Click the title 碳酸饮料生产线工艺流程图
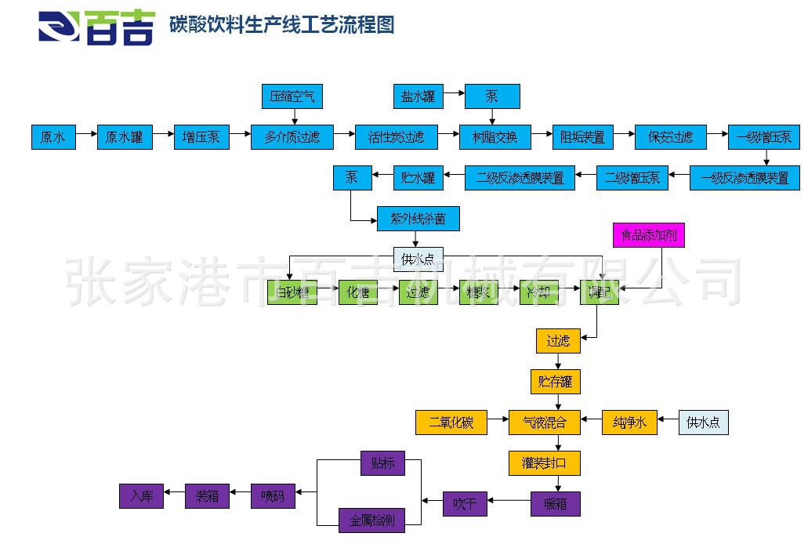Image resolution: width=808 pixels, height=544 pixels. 281,25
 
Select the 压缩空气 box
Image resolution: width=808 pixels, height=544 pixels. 292,96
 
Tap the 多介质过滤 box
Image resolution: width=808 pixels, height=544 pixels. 292,137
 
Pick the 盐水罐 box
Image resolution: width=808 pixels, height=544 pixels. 418,96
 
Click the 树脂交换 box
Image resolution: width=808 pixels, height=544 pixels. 495,137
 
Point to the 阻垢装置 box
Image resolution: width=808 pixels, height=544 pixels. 582,137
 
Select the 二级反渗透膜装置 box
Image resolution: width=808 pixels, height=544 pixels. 520,178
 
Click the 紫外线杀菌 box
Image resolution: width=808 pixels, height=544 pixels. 418,219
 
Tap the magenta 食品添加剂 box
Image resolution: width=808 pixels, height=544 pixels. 648,235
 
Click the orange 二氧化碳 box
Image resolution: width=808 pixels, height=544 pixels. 451,423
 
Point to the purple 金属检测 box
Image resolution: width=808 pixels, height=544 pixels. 371,520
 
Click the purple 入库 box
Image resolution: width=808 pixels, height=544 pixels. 141,496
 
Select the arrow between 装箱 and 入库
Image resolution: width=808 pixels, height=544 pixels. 174,496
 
